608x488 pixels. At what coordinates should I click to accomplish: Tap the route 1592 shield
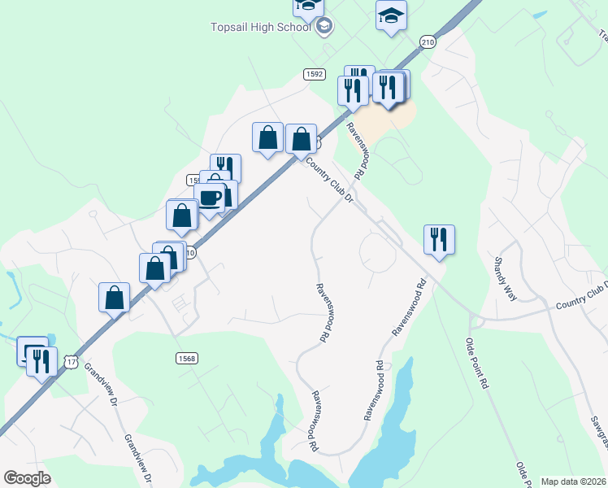click(315, 74)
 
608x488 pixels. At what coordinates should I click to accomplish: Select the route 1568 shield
click(186, 358)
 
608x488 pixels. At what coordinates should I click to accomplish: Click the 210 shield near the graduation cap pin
click(428, 41)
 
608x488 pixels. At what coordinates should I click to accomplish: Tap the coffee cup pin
click(210, 198)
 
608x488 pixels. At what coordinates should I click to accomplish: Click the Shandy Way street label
click(506, 279)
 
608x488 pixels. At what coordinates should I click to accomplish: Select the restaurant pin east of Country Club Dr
click(439, 239)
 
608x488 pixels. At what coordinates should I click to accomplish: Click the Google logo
click(27, 478)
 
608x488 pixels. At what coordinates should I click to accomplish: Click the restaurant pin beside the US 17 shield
click(42, 360)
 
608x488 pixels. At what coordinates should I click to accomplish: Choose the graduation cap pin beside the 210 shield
click(391, 16)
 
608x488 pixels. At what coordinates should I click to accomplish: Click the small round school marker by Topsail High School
click(324, 26)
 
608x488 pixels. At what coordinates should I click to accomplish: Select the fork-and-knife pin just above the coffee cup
click(226, 168)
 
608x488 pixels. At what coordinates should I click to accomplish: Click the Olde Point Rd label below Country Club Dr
click(477, 362)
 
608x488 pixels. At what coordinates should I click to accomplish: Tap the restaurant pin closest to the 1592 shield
click(353, 89)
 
